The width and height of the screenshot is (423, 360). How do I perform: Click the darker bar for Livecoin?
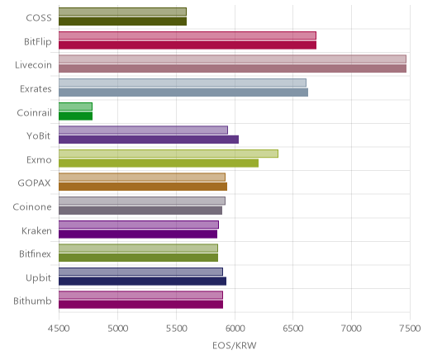[232, 69]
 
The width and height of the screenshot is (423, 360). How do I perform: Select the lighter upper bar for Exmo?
[169, 154]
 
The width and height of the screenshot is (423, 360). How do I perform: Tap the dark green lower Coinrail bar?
[75, 116]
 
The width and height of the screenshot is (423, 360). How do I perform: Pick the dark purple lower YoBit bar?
[149, 140]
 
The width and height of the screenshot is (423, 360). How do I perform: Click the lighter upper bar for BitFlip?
[188, 36]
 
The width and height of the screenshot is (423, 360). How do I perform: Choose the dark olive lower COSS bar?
[122, 21]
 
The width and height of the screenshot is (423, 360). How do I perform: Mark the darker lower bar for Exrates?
[183, 92]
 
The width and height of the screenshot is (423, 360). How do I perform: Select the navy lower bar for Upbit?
[142, 281]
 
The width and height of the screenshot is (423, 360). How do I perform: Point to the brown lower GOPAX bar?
[143, 187]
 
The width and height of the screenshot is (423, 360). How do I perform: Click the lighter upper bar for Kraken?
[139, 225]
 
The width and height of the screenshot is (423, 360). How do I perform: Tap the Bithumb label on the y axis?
[32, 301]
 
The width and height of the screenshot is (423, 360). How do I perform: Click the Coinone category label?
[32, 206]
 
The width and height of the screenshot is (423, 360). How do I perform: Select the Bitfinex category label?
[35, 253]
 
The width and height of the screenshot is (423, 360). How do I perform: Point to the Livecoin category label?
[33, 65]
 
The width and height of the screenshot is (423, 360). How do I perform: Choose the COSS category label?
[39, 18]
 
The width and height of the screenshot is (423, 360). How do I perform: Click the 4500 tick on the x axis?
[59, 329]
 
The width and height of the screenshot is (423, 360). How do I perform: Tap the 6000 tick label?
[235, 329]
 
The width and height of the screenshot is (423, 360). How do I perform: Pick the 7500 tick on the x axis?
[410, 329]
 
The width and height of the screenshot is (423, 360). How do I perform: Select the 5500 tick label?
[176, 329]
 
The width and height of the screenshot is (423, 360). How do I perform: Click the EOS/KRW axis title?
[235, 345]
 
